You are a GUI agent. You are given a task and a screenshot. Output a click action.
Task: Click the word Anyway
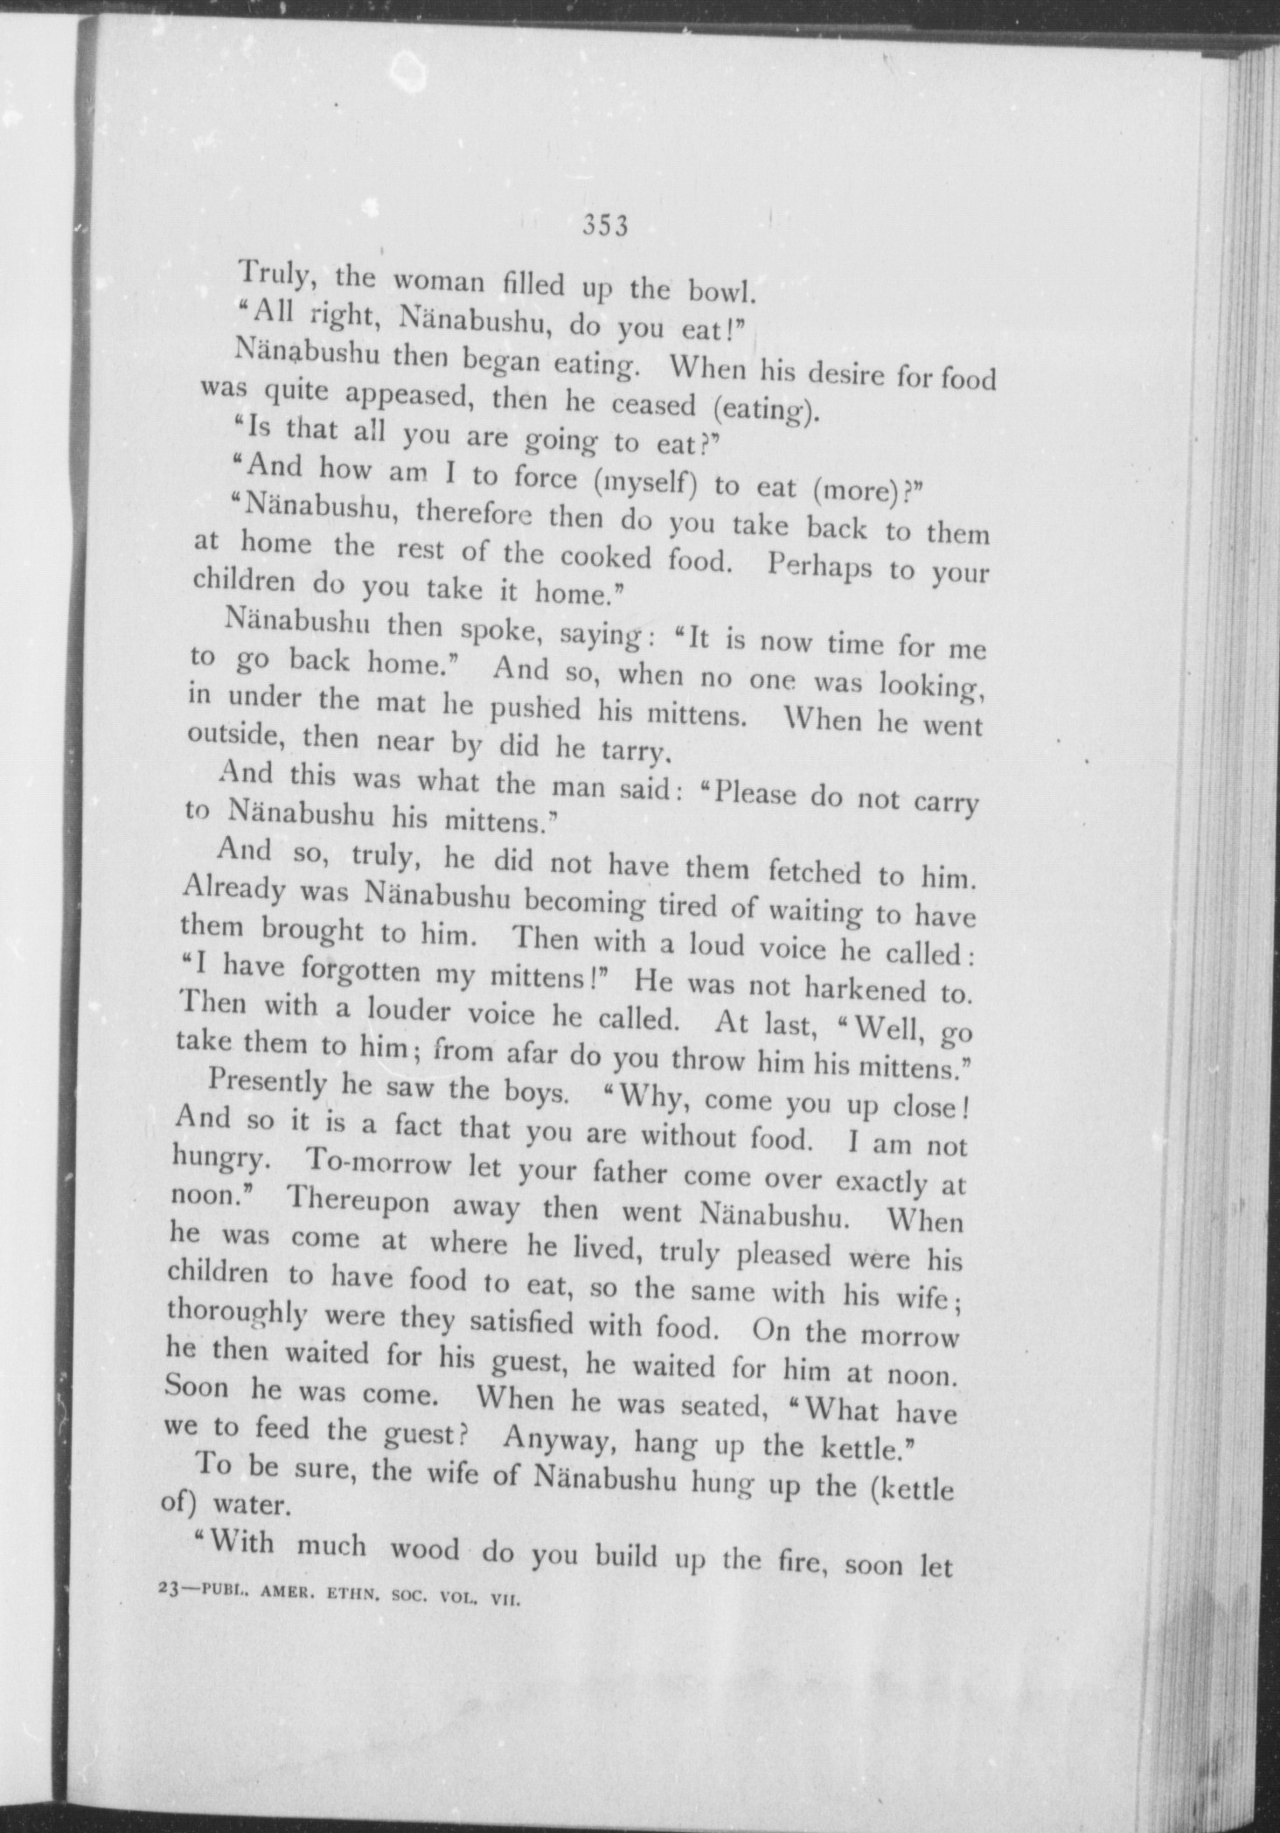557,1439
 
